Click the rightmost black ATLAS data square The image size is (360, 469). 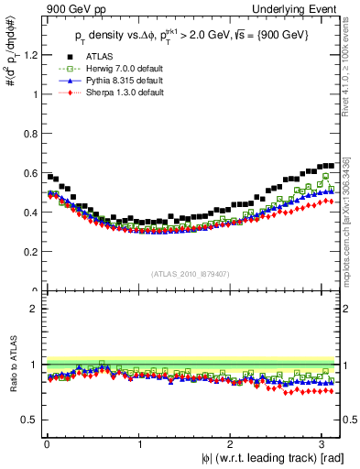331,166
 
